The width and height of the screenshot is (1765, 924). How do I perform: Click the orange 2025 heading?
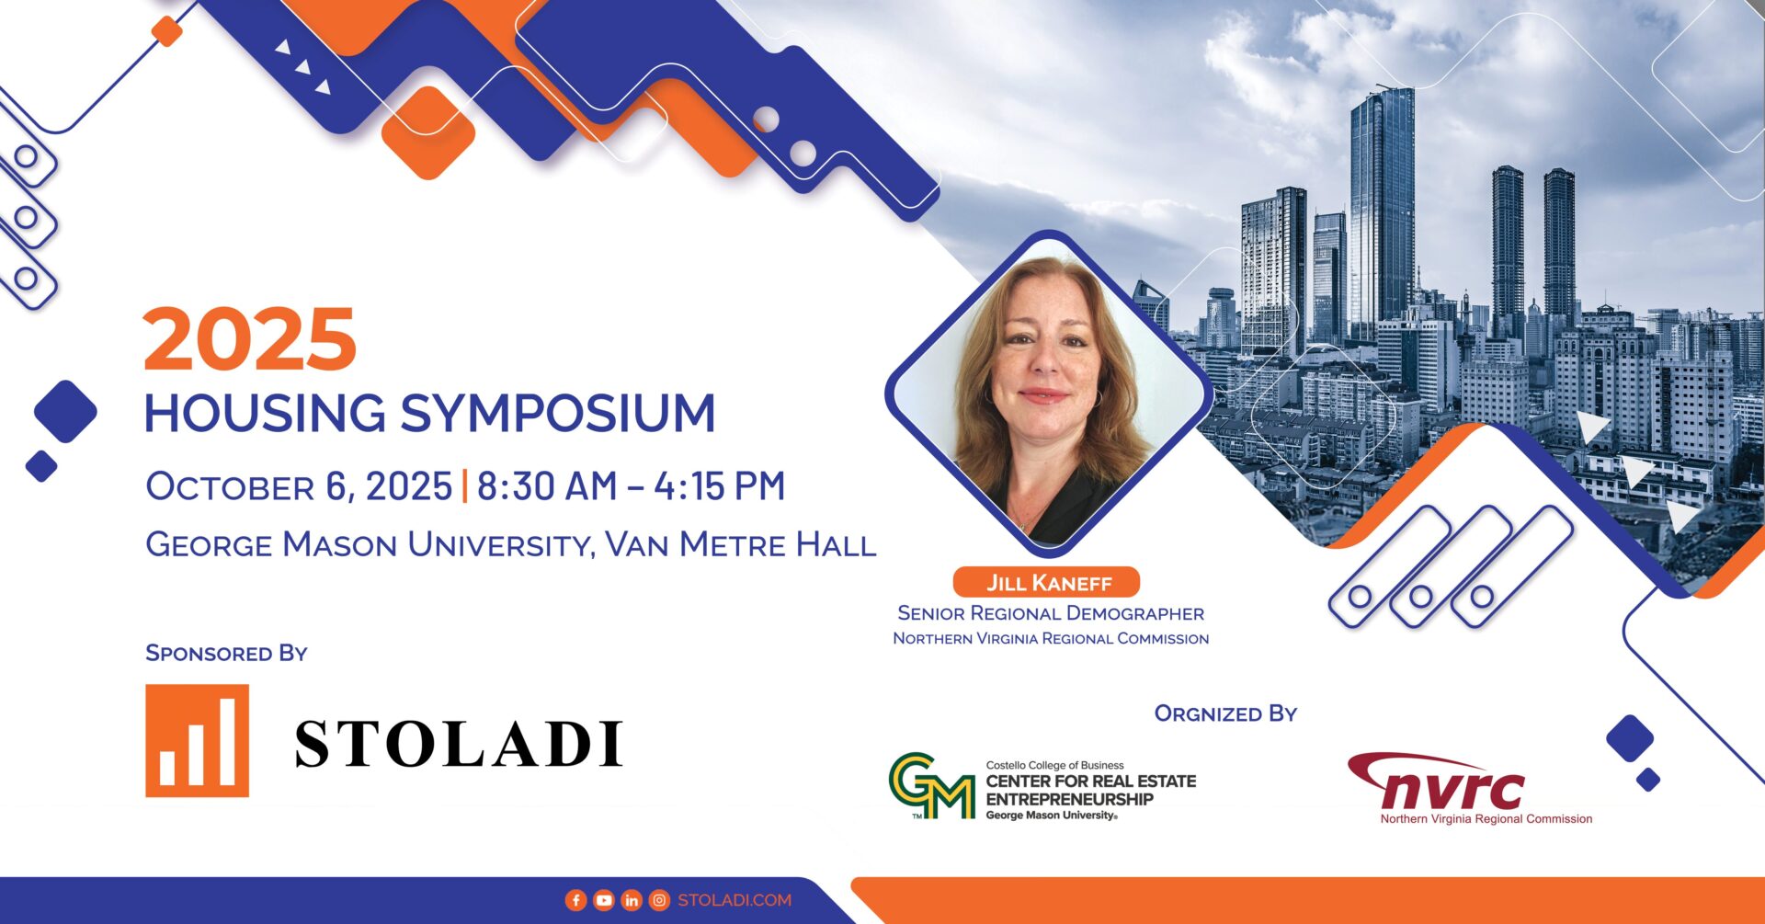(250, 339)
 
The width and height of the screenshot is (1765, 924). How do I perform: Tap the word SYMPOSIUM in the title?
(558, 413)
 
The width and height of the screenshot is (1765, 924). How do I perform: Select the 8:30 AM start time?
(547, 486)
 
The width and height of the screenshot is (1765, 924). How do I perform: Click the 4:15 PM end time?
(720, 486)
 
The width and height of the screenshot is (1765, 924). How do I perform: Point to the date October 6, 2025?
(299, 487)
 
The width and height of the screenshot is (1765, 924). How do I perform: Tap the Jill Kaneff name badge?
(1047, 583)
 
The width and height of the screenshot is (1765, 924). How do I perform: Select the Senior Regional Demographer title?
(1051, 613)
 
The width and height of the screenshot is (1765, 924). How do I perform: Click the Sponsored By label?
(226, 653)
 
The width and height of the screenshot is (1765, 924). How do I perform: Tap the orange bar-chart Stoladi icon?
(197, 740)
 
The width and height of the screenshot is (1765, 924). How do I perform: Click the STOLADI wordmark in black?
(459, 744)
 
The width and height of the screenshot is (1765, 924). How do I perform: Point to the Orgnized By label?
(1225, 713)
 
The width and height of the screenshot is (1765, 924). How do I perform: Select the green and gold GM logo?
(931, 786)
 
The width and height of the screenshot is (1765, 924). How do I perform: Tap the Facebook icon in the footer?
(575, 901)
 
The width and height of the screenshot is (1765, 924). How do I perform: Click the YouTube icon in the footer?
(603, 901)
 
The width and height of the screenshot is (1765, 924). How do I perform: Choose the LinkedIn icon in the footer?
(632, 901)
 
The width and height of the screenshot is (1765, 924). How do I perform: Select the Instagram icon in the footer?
(659, 901)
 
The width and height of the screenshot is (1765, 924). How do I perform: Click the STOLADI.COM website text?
(734, 901)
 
